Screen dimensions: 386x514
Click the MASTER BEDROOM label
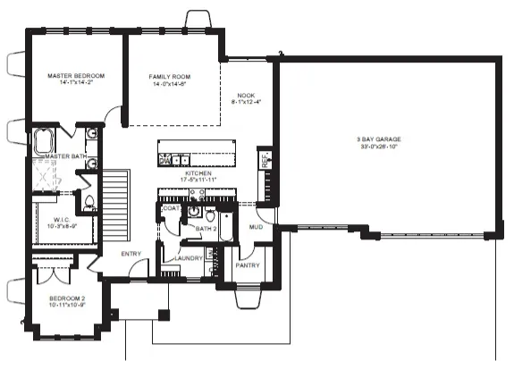coord(76,77)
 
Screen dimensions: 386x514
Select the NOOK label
coord(246,95)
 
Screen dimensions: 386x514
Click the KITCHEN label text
coord(198,173)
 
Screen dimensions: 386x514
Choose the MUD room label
coord(255,227)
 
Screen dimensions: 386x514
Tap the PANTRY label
coord(247,265)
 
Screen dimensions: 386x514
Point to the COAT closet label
coord(171,208)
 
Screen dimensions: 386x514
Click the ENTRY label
coord(132,254)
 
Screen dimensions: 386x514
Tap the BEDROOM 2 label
coord(66,298)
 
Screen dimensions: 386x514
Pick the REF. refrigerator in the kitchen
coord(265,161)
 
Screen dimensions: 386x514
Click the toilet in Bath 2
coord(210,214)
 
